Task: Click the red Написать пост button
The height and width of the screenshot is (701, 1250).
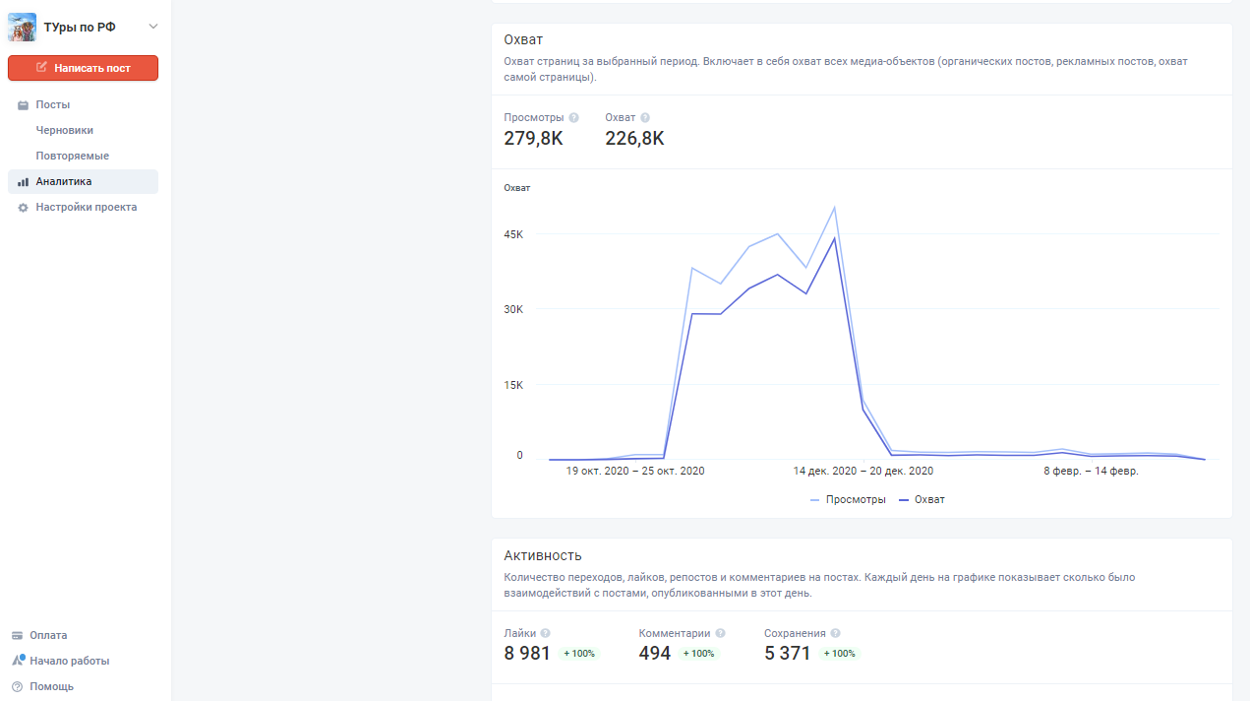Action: pyautogui.click(x=83, y=68)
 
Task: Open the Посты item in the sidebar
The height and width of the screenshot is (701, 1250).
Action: pyautogui.click(x=52, y=104)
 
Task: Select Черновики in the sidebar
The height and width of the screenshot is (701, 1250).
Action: pyautogui.click(x=65, y=130)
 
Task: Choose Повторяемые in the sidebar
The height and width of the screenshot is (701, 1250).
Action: pyautogui.click(x=72, y=156)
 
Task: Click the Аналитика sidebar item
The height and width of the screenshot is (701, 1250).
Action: pyautogui.click(x=63, y=181)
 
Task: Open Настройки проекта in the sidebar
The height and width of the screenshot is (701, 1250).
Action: pyautogui.click(x=86, y=207)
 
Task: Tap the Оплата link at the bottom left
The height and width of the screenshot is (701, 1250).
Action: pyautogui.click(x=48, y=635)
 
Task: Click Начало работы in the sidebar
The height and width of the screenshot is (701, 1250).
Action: pyautogui.click(x=69, y=661)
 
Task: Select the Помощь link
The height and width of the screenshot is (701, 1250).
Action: pyautogui.click(x=51, y=686)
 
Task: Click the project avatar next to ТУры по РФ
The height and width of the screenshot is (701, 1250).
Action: pyautogui.click(x=22, y=28)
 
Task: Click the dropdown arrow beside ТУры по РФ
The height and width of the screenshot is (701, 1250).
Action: pyautogui.click(x=153, y=27)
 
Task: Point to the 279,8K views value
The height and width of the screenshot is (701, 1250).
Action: pyautogui.click(x=533, y=139)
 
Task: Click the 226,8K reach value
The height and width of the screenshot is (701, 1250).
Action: pyautogui.click(x=634, y=139)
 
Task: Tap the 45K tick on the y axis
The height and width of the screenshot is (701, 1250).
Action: pyautogui.click(x=513, y=234)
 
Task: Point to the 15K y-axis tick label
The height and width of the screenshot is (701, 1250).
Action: pyautogui.click(x=513, y=385)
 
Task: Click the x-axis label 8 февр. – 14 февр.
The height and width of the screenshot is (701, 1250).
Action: pyautogui.click(x=1091, y=471)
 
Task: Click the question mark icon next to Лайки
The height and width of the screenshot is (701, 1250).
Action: pyautogui.click(x=546, y=633)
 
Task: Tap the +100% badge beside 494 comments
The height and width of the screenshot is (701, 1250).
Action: pyautogui.click(x=699, y=654)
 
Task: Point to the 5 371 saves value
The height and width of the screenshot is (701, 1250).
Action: pyautogui.click(x=787, y=653)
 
